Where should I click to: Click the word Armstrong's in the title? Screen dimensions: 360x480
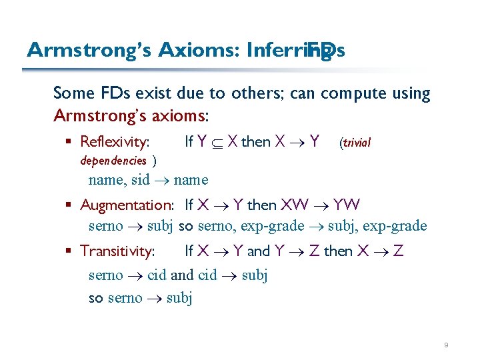pos(89,50)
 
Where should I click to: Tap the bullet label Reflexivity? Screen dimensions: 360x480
pos(115,141)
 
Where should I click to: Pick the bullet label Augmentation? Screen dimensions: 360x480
pos(127,205)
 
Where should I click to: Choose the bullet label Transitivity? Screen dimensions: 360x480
pos(117,251)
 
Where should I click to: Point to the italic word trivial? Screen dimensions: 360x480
pos(357,143)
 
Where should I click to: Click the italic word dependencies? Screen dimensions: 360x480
pos(113,161)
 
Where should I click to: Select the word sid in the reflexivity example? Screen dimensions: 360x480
pos(140,180)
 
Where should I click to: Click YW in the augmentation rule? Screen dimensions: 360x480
pos(347,205)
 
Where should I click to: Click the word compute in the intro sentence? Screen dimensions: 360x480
pos(349,94)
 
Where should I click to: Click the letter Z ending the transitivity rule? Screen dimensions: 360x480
pos(398,251)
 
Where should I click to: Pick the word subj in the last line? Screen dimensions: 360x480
pos(179,298)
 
